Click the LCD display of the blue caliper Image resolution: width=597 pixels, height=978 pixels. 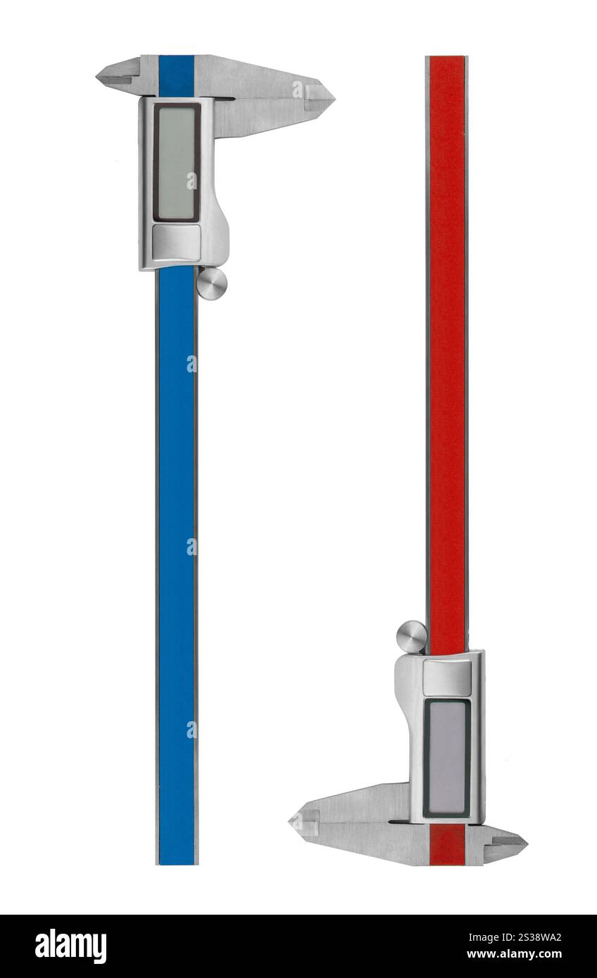(x=177, y=163)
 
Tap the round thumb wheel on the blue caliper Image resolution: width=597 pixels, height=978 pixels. (x=212, y=284)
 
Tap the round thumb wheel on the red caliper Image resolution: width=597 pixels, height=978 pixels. (x=411, y=637)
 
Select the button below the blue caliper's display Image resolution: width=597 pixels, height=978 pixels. (x=177, y=242)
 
